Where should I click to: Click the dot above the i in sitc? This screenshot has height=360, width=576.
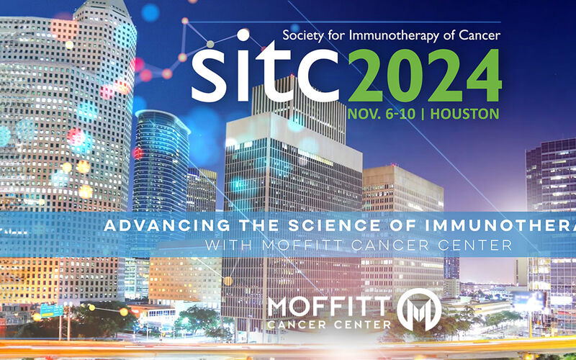point(243,35)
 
